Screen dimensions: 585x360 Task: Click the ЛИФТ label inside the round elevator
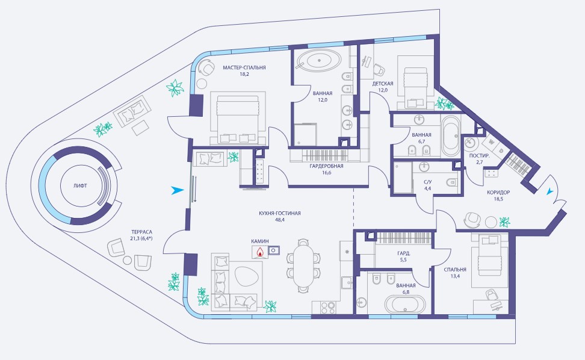point(80,185)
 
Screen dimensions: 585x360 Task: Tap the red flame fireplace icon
point(259,253)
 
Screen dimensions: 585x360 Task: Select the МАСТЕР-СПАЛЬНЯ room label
point(244,67)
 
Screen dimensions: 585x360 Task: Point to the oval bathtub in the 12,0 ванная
point(318,60)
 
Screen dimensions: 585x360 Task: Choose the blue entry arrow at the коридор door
point(549,192)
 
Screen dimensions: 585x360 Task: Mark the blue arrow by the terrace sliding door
point(177,190)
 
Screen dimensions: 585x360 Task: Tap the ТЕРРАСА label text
point(141,232)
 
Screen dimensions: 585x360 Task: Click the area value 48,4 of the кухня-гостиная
point(279,220)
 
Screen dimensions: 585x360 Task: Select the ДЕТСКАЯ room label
point(382,84)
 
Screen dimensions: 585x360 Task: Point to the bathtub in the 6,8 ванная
point(405,305)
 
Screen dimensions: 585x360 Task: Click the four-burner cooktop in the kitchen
point(328,308)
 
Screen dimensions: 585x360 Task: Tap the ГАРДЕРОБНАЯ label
point(326,166)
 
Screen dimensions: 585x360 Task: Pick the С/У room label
point(427,182)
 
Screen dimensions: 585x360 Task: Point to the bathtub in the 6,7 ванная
point(450,136)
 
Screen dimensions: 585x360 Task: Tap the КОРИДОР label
point(498,193)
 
